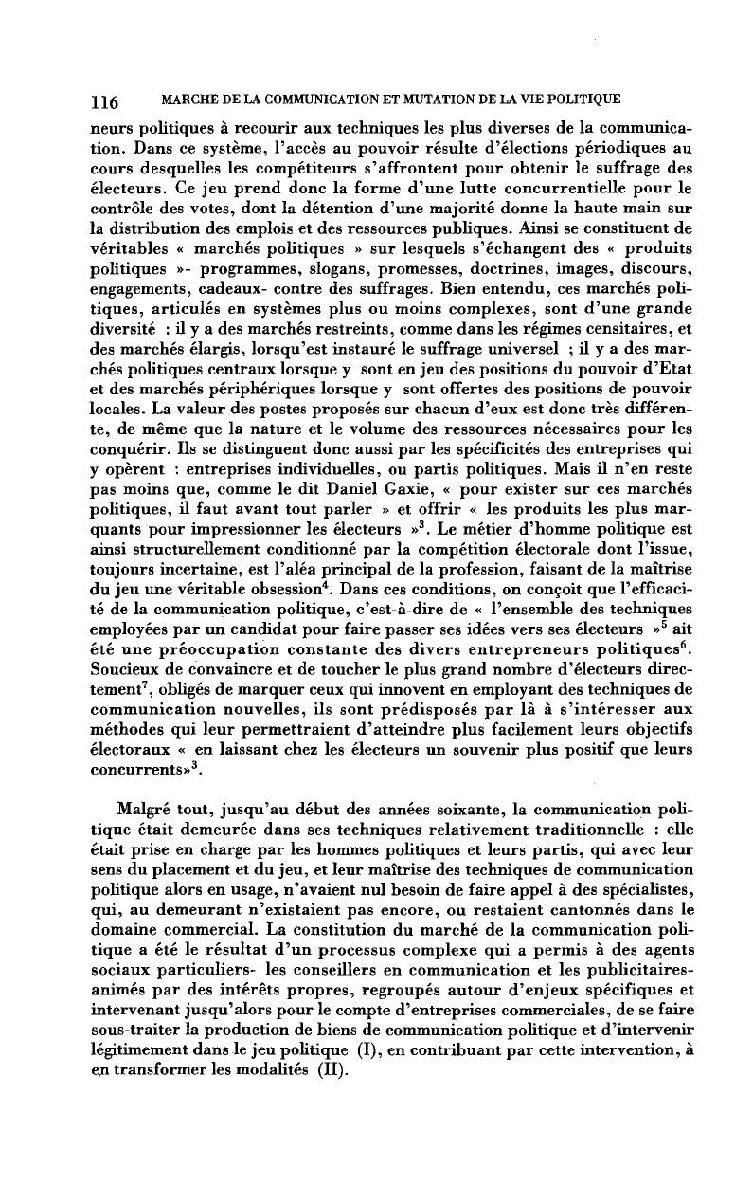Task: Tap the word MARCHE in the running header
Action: tap(188, 100)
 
